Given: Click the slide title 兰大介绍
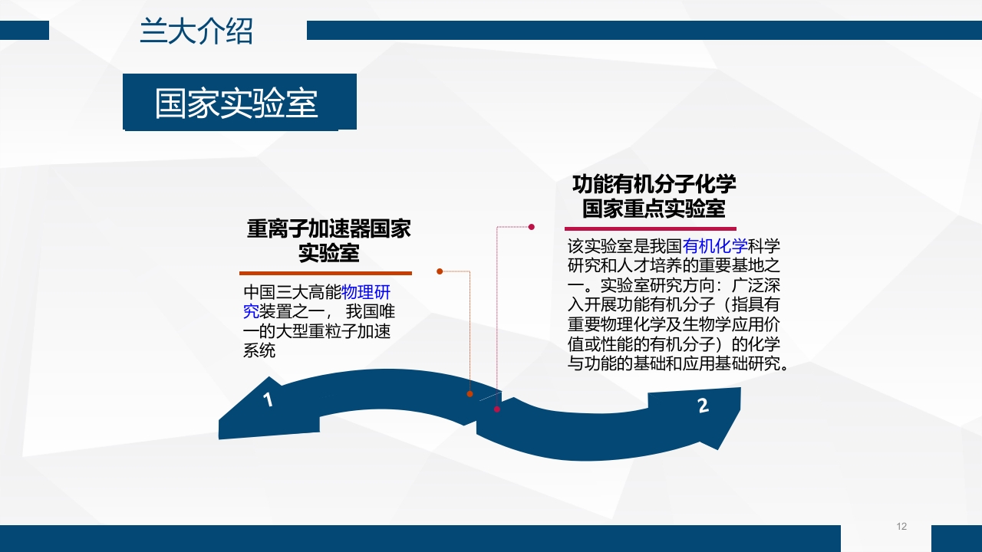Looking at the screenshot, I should (196, 32).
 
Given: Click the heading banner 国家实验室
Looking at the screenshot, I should (236, 103).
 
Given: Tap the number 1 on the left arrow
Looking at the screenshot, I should (268, 399).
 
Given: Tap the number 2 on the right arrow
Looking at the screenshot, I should (704, 406).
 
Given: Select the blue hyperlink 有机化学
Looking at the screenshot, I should (715, 246).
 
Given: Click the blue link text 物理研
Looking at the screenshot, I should (366, 292).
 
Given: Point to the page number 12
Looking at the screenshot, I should (901, 526).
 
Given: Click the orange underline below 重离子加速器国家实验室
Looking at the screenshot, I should (325, 273).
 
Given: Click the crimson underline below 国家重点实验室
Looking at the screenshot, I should (651, 228).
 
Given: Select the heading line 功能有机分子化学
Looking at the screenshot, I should (654, 185).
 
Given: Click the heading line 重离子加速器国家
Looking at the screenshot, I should (328, 228).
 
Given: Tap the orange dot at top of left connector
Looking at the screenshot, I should (440, 271).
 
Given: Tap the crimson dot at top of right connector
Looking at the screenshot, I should (531, 226).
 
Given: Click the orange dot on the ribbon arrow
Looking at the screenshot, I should (470, 393).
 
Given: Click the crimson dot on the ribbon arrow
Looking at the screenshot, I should (497, 409).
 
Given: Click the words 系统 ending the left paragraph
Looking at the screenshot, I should (259, 352).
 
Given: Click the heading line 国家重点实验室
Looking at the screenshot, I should (654, 209).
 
